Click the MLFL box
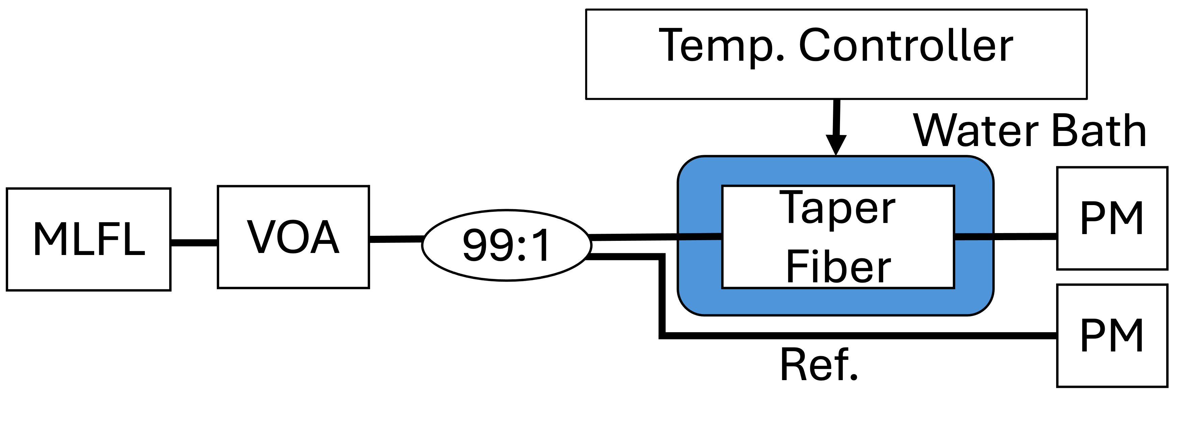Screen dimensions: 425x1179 point(88,239)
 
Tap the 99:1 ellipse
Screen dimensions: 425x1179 point(506,245)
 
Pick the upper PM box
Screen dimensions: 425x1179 point(1112,218)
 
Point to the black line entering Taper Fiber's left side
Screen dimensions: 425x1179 point(700,236)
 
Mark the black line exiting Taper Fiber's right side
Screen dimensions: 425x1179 point(973,236)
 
